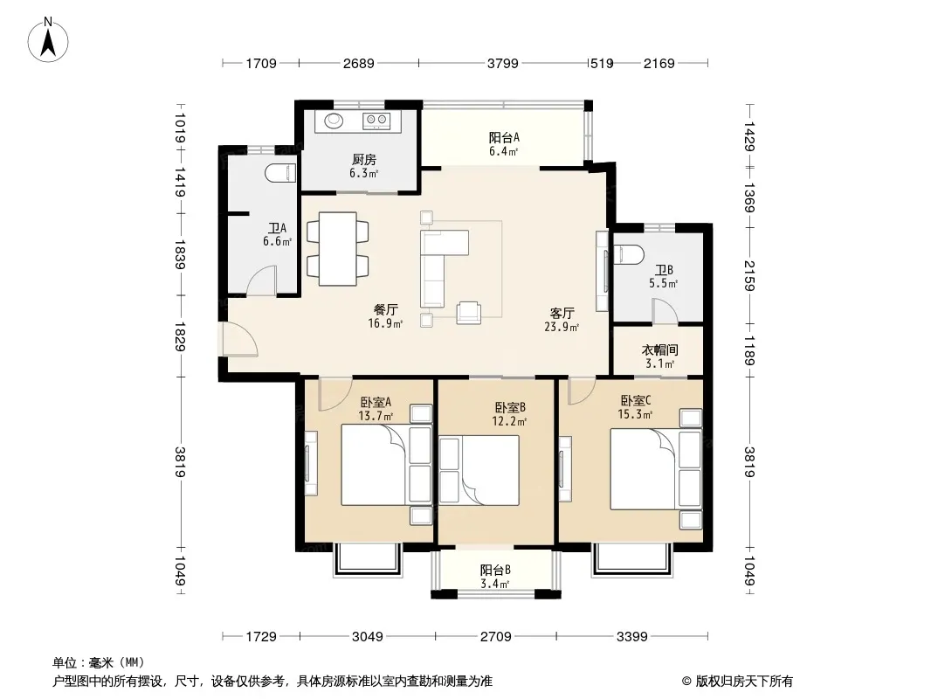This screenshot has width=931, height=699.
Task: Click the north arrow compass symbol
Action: [48, 40]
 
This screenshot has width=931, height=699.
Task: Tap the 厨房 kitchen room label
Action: [364, 160]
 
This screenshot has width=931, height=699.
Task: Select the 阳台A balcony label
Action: [504, 138]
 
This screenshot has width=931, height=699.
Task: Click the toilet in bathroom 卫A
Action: [280, 173]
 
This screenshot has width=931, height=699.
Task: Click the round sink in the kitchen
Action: [334, 120]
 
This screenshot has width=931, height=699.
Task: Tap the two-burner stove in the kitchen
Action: [376, 121]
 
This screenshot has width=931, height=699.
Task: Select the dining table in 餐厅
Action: [338, 249]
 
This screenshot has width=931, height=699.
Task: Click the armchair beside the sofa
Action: [468, 313]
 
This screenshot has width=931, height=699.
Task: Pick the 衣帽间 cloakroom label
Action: [659, 350]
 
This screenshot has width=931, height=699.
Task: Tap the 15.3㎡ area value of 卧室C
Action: [635, 414]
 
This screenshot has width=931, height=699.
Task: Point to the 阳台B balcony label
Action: [496, 571]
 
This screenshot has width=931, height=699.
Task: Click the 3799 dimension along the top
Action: [503, 64]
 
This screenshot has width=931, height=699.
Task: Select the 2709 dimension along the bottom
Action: [496, 637]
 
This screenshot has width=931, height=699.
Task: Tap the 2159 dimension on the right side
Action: [748, 276]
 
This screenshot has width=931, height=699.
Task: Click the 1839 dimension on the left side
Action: [180, 253]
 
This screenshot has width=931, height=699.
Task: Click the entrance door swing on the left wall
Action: [238, 339]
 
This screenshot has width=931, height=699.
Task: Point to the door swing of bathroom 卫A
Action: [262, 280]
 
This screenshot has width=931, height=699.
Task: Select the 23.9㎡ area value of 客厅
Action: [562, 327]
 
